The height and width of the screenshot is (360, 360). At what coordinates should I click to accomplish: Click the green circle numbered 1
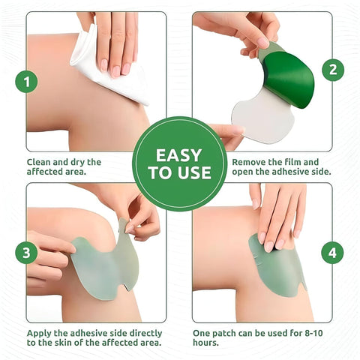coord(26,81)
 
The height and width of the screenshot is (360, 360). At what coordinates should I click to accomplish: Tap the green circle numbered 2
coord(332,70)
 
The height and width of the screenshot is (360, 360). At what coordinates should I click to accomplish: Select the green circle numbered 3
coord(26,252)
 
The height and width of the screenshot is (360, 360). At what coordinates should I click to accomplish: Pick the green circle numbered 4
coord(332,253)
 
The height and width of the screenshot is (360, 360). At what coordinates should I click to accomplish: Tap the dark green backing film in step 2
coord(289,75)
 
